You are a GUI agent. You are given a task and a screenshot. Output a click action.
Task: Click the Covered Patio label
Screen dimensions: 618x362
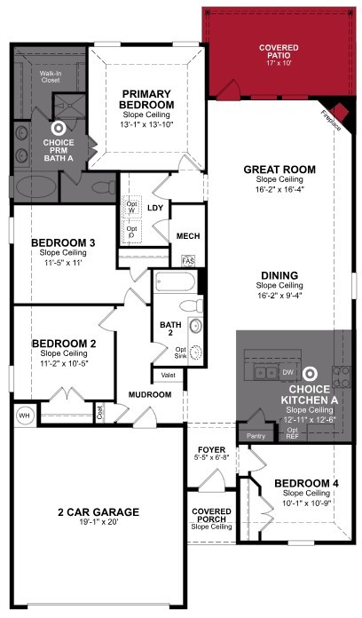coord(278,50)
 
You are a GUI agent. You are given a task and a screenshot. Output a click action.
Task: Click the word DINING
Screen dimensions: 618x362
coord(279,274)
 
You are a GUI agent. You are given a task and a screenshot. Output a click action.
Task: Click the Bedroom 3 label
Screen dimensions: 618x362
coord(62,242)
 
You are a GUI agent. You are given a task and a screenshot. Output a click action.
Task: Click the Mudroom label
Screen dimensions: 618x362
coord(150,393)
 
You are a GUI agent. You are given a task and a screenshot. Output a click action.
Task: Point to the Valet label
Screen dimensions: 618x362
coord(168,375)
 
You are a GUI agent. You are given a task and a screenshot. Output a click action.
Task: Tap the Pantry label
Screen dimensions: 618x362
coord(256,435)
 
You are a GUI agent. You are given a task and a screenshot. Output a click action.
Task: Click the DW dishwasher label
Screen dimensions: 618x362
coord(287,373)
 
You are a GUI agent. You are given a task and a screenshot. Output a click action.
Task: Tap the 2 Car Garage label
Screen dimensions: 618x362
coord(98,512)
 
